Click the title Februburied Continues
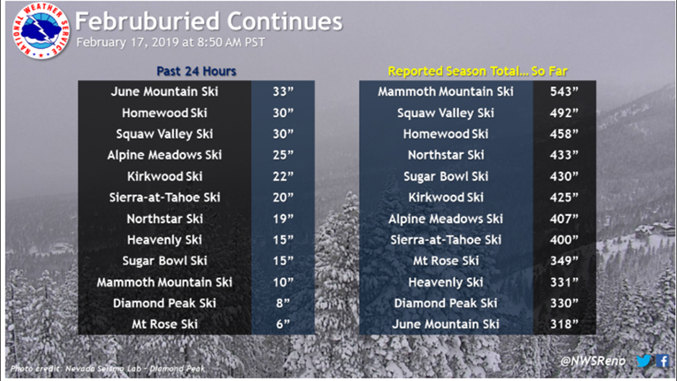click(208, 22)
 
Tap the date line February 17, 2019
click(170, 42)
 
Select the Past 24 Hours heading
click(196, 71)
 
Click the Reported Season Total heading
click(477, 71)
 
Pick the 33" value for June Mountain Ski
click(283, 92)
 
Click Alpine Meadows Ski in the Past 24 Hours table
click(164, 155)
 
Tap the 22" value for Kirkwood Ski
click(283, 177)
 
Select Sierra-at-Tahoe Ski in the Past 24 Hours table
click(164, 197)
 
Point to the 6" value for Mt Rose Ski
click(283, 325)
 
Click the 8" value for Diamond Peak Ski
click(283, 303)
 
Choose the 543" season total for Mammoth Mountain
click(564, 92)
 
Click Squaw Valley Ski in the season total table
click(445, 113)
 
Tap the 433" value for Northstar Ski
click(564, 155)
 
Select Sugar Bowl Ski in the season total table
click(445, 177)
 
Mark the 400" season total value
click(564, 240)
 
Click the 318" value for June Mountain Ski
click(564, 325)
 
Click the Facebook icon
click(662, 361)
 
